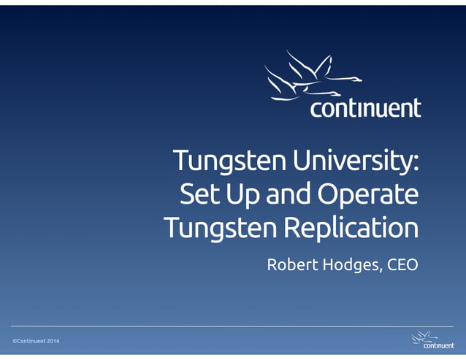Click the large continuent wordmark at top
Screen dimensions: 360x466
point(365,109)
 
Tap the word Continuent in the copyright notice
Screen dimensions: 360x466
point(34,342)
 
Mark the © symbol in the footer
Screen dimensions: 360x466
point(14,342)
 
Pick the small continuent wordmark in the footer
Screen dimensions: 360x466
point(438,345)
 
